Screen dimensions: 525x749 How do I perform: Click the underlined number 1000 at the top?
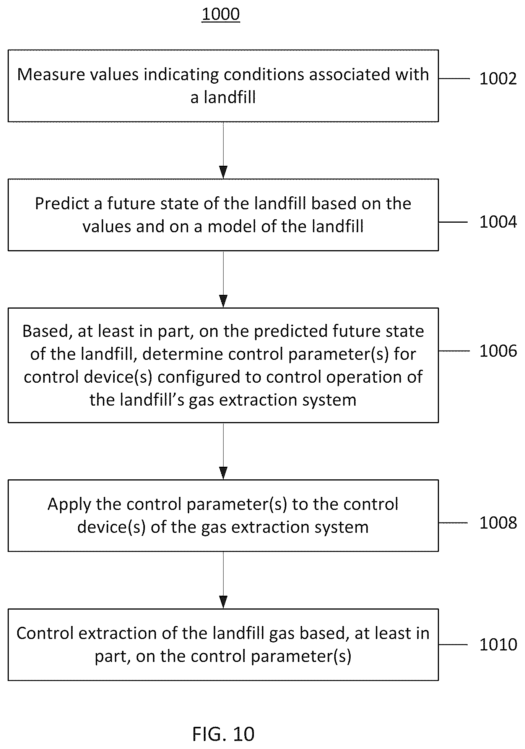(x=221, y=14)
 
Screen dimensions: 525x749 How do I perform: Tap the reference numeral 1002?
(x=498, y=79)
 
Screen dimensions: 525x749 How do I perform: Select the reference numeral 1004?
(x=498, y=222)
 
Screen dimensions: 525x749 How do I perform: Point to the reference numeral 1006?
(x=498, y=351)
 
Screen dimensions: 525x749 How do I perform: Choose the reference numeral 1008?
(x=498, y=523)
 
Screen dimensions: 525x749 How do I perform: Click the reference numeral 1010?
(x=498, y=645)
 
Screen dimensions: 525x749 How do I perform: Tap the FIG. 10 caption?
(x=223, y=734)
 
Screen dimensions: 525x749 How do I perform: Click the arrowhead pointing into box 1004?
(x=223, y=172)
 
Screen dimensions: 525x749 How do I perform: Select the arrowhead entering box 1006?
(x=223, y=301)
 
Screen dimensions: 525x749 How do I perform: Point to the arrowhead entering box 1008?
(x=223, y=473)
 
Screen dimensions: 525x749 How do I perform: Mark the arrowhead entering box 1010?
(x=223, y=602)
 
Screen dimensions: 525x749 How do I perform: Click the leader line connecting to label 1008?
(x=453, y=523)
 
